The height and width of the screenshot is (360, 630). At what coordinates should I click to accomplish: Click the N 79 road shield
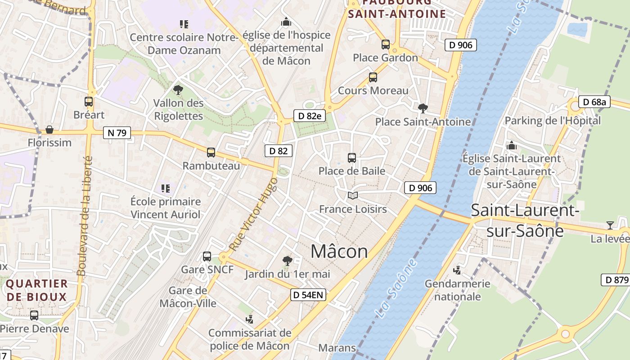click(117, 133)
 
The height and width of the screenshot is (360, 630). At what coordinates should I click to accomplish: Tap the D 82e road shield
click(309, 116)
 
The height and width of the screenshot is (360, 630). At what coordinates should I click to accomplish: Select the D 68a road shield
click(594, 102)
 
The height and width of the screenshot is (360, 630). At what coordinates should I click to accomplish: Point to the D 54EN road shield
click(308, 295)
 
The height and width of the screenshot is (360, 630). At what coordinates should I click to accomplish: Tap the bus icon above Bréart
click(89, 102)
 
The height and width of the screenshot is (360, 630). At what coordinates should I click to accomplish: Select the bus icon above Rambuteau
click(211, 153)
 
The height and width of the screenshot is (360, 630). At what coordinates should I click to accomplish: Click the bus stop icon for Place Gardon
click(386, 45)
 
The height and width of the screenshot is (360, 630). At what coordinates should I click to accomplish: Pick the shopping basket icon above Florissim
click(49, 130)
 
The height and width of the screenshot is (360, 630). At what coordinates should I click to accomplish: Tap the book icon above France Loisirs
click(353, 196)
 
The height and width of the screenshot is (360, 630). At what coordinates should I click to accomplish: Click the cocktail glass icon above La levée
click(610, 225)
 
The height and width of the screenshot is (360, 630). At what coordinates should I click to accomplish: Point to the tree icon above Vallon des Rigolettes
click(178, 90)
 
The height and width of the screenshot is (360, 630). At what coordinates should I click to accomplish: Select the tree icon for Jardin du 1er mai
click(287, 261)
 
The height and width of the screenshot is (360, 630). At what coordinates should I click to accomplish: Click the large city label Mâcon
click(339, 251)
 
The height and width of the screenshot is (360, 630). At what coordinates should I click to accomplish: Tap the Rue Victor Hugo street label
click(253, 214)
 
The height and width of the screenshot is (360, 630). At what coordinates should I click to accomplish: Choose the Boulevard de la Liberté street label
click(85, 216)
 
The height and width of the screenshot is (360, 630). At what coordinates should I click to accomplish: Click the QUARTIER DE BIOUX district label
click(37, 290)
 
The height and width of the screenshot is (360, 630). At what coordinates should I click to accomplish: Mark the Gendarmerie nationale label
click(458, 290)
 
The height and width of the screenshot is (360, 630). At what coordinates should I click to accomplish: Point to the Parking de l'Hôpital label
click(553, 121)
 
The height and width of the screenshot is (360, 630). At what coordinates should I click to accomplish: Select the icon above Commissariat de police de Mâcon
click(249, 319)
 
